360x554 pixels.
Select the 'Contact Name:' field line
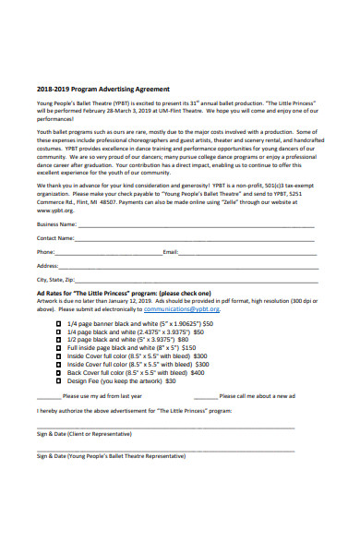(195, 238)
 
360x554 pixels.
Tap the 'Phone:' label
(45, 251)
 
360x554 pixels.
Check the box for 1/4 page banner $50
(60, 324)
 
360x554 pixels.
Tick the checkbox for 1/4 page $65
(60, 333)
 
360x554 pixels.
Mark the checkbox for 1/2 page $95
(60, 343)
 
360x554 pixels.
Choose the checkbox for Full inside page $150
(60, 352)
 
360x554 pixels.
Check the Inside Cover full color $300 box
(60, 361)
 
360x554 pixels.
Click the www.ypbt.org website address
(54, 210)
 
